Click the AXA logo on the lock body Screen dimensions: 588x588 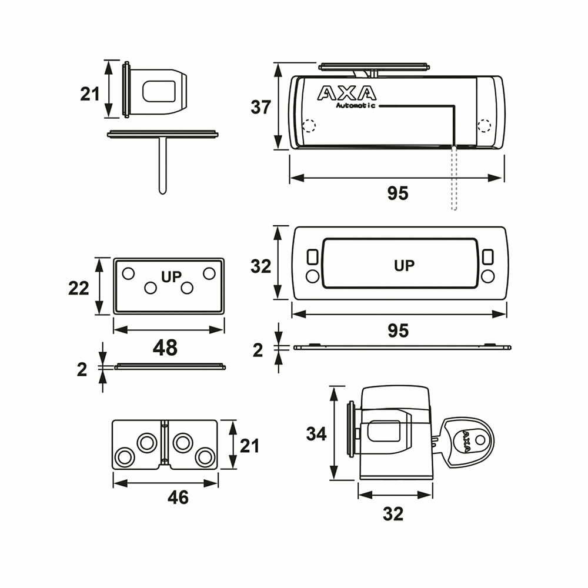click(346, 93)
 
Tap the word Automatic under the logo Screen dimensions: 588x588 click(355, 106)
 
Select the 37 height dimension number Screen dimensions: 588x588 click(260, 108)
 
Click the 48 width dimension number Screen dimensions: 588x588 click(165, 348)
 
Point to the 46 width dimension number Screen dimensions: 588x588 click(178, 497)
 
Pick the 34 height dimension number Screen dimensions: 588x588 click(316, 434)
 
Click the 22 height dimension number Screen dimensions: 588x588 click(79, 288)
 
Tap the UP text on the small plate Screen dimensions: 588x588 click(173, 275)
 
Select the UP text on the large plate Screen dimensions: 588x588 click(404, 265)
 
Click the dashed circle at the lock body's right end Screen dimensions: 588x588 click(484, 125)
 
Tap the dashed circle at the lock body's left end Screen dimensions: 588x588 click(309, 126)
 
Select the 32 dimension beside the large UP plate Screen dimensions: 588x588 click(260, 266)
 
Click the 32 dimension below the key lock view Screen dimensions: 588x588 click(393, 514)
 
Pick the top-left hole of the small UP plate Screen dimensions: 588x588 click(128, 273)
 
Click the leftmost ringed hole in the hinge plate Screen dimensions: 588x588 click(124, 456)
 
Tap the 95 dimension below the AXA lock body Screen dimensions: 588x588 click(397, 193)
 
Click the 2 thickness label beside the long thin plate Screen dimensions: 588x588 click(258, 350)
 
